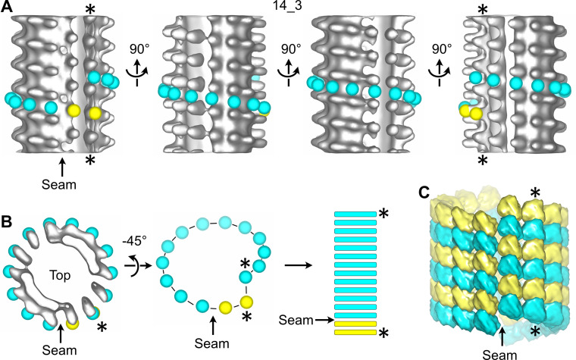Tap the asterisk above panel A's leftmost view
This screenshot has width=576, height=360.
[x=90, y=10]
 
